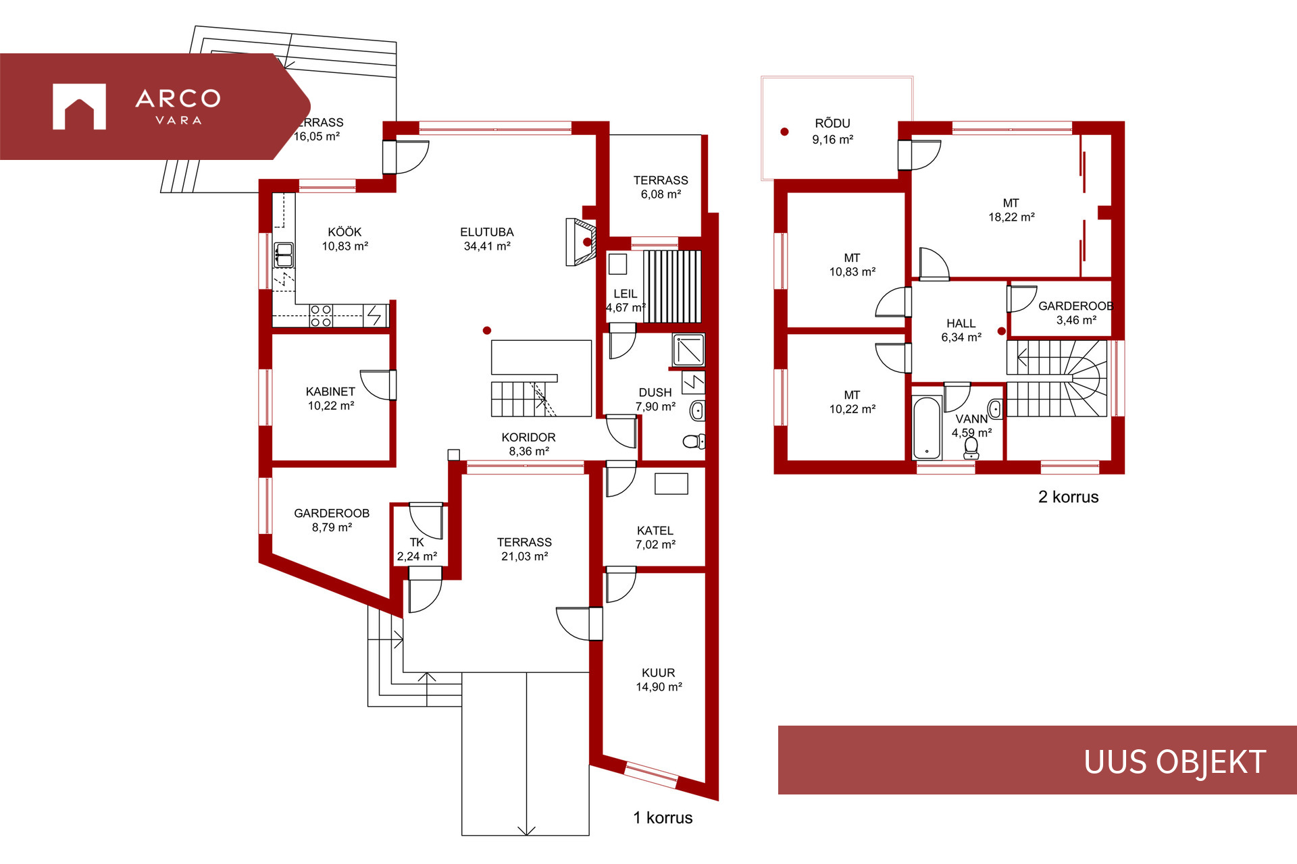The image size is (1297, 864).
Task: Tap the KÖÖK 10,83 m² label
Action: pyautogui.click(x=345, y=239)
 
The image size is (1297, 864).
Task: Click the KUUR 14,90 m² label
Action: pyautogui.click(x=659, y=680)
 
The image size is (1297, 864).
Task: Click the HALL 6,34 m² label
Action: pyautogui.click(x=961, y=330)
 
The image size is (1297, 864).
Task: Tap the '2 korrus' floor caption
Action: pyautogui.click(x=1068, y=497)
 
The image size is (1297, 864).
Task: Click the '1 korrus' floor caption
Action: pyautogui.click(x=663, y=817)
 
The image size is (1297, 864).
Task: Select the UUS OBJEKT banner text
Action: pyautogui.click(x=1175, y=762)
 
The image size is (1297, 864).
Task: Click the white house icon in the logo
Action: pyautogui.click(x=79, y=107)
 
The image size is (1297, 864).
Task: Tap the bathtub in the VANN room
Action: pyautogui.click(x=927, y=428)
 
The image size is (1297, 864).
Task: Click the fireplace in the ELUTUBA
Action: pyautogui.click(x=581, y=242)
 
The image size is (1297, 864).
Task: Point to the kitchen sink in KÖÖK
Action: pyautogui.click(x=284, y=255)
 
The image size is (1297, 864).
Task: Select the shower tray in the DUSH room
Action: pyautogui.click(x=688, y=350)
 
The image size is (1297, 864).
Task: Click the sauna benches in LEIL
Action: pyautogui.click(x=671, y=286)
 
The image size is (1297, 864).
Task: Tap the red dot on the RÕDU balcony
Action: pyautogui.click(x=784, y=132)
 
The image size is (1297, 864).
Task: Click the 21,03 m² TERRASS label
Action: pyautogui.click(x=524, y=549)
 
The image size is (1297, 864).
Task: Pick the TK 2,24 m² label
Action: pyautogui.click(x=417, y=549)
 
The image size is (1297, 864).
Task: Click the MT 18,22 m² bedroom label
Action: pyautogui.click(x=1011, y=210)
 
